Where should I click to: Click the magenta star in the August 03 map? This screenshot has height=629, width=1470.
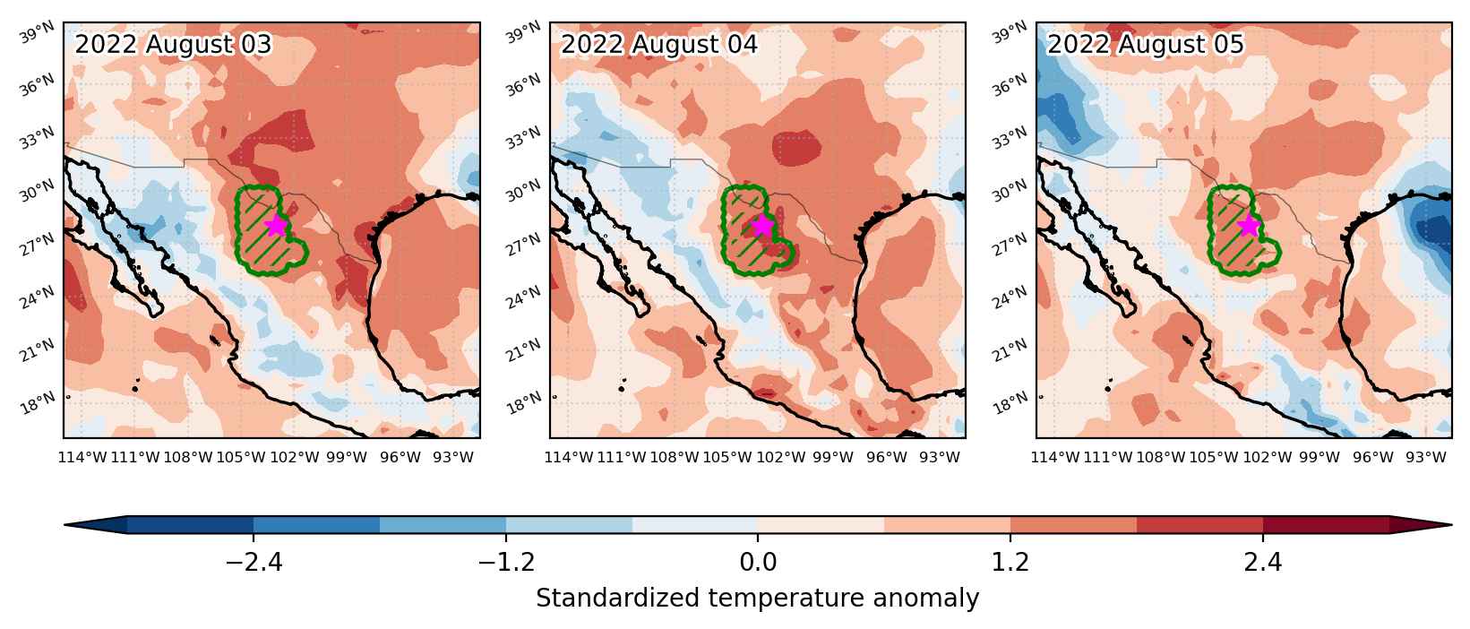pos(276,225)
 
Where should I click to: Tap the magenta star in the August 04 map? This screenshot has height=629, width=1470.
pos(762,225)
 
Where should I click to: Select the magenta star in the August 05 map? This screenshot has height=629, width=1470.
pos(1249,226)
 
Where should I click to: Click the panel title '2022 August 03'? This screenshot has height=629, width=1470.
pos(173,45)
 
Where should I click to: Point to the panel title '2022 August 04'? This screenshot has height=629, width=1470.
pos(659,45)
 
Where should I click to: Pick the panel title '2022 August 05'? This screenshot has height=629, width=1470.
pos(1145,45)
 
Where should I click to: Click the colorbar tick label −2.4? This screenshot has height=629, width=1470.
pos(254,563)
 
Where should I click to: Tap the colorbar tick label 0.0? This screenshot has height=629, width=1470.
pos(758,563)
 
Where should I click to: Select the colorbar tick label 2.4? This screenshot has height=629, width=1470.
pos(1263,563)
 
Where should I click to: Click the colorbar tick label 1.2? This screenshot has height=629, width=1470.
pos(1010,563)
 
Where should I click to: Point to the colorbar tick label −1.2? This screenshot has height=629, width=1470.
pos(506,563)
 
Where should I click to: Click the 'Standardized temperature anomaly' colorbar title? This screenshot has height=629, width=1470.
pos(757,599)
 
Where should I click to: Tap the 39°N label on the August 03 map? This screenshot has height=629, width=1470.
pos(38,32)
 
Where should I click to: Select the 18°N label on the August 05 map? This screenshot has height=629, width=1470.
pos(1010,403)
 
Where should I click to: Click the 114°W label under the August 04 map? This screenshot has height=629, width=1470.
pos(568,457)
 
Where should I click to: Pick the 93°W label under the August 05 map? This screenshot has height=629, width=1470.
pos(1425,457)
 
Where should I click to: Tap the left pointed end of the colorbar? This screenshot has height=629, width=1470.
pos(65,524)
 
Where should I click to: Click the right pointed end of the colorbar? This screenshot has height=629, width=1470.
pos(1450,524)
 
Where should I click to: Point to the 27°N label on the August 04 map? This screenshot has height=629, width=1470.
pos(524,245)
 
